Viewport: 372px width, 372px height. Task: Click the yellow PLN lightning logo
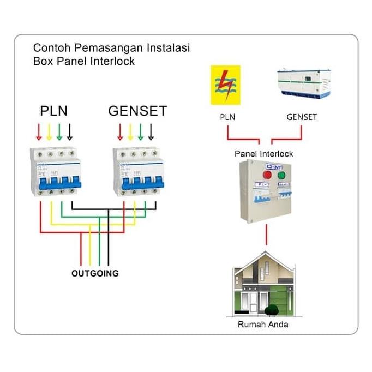point(225,85)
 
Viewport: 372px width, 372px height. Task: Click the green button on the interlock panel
point(282,175)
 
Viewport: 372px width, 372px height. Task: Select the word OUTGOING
point(95,273)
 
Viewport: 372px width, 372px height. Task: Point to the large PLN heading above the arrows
point(54,111)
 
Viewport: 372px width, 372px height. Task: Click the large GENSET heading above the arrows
point(137,111)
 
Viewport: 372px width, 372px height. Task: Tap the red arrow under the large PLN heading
point(39,131)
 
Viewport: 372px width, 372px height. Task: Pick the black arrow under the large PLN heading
point(70,131)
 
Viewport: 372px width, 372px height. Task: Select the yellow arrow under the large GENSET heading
point(130,131)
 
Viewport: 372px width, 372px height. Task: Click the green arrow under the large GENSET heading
point(141,131)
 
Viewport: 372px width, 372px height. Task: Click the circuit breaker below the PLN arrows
point(55,172)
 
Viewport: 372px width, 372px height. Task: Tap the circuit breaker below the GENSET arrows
point(138,172)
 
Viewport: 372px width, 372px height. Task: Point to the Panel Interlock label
point(263,154)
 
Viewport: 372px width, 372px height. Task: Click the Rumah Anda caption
point(263,325)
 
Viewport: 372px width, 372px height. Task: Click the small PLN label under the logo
point(227,117)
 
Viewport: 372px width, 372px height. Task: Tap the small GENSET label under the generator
point(302,117)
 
